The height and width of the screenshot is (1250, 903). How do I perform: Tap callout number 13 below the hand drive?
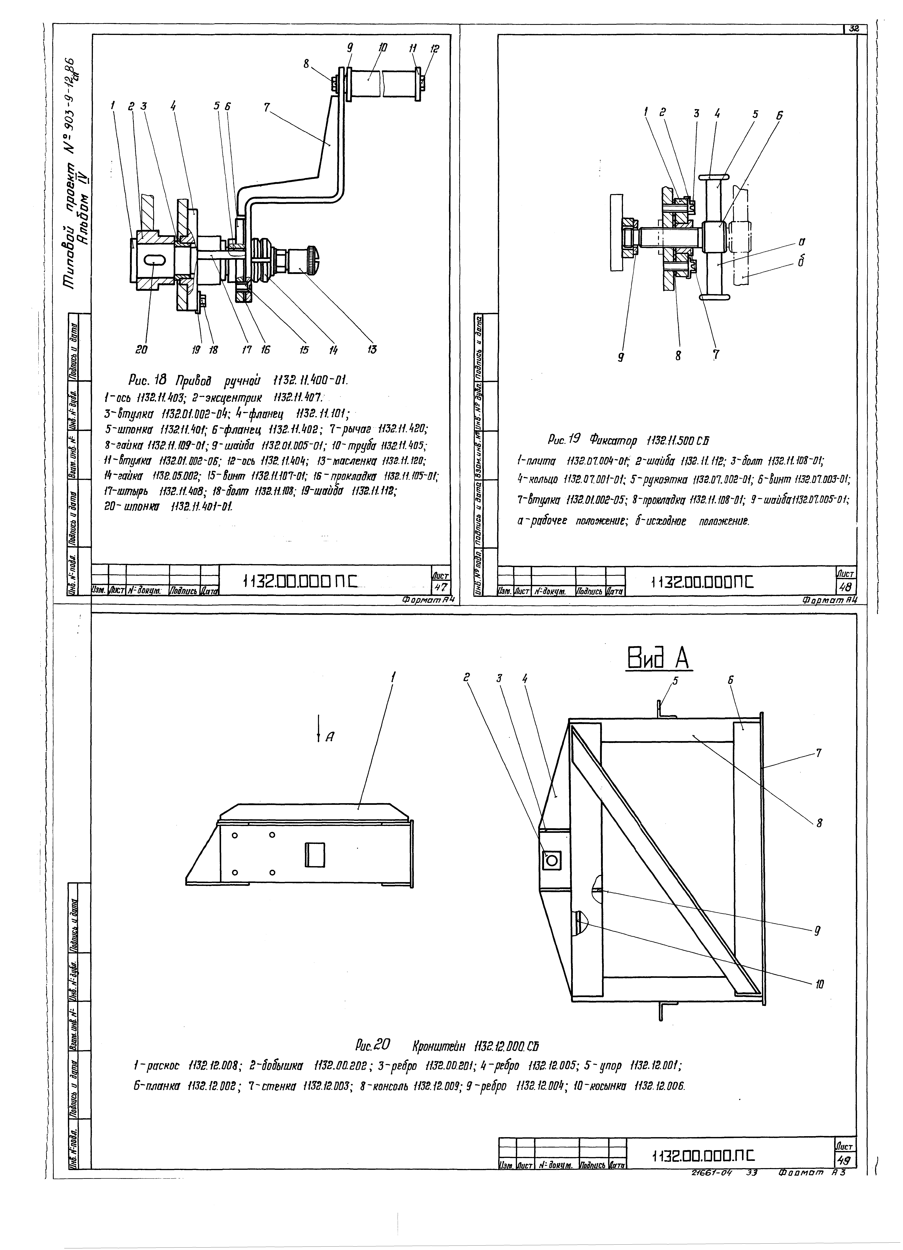372,349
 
